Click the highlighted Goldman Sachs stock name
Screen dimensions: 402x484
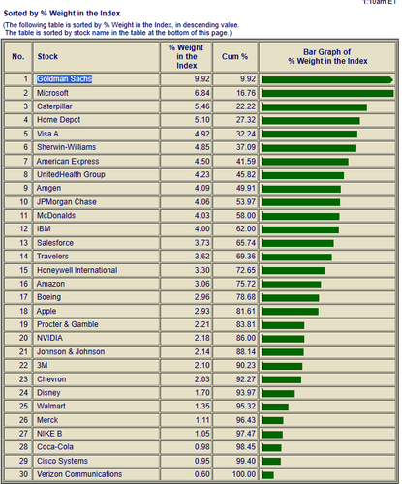pos(64,79)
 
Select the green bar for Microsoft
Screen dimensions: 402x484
pos(327,93)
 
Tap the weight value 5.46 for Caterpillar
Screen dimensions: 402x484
pos(202,106)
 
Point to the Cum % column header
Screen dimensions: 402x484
pos(234,56)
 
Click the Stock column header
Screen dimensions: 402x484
pos(47,56)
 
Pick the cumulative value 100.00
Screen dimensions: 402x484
pos(244,474)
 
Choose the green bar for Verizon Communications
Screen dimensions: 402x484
pos(267,475)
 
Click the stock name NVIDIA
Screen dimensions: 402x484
pos(49,338)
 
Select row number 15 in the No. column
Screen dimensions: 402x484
pos(23,270)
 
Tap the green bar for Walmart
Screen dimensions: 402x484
pos(275,407)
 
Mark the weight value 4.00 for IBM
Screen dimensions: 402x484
pos(202,228)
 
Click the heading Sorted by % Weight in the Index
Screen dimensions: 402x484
pos(62,14)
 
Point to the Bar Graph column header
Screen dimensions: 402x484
pos(327,56)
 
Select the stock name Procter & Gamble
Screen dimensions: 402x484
pos(68,324)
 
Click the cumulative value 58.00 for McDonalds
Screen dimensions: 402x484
pos(246,215)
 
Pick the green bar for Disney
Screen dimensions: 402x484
pos(278,393)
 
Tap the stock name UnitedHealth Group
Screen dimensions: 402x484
pos(71,174)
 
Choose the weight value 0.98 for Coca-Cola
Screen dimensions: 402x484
pos(202,447)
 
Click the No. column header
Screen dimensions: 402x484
pos(18,56)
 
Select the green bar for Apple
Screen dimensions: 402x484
pos(290,312)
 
